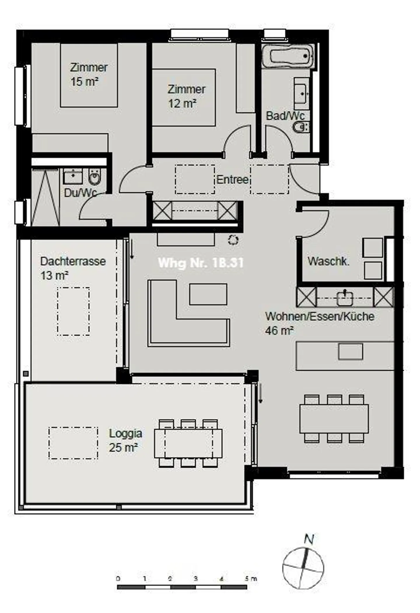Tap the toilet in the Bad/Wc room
(300, 127)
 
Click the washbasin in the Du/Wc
(73, 176)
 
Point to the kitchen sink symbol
(345, 298)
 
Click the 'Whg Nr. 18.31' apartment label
(200, 263)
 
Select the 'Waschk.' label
(328, 261)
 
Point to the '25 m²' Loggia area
(123, 447)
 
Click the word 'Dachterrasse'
(73, 261)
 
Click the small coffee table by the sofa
(208, 294)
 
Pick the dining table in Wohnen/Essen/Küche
(334, 419)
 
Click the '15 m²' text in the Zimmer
(84, 81)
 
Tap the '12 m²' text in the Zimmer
(182, 103)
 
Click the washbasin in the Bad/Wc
(302, 93)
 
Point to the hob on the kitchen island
(350, 351)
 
